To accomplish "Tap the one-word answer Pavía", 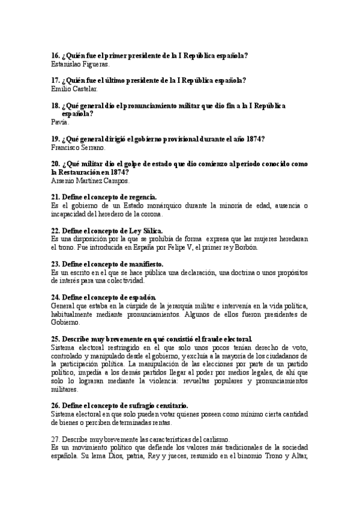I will [x=61, y=122].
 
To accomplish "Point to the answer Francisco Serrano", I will [x=79, y=147].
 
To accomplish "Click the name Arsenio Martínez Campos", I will [x=91, y=180].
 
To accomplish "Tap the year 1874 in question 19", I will [x=256, y=139].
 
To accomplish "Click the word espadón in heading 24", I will [x=142, y=297].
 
